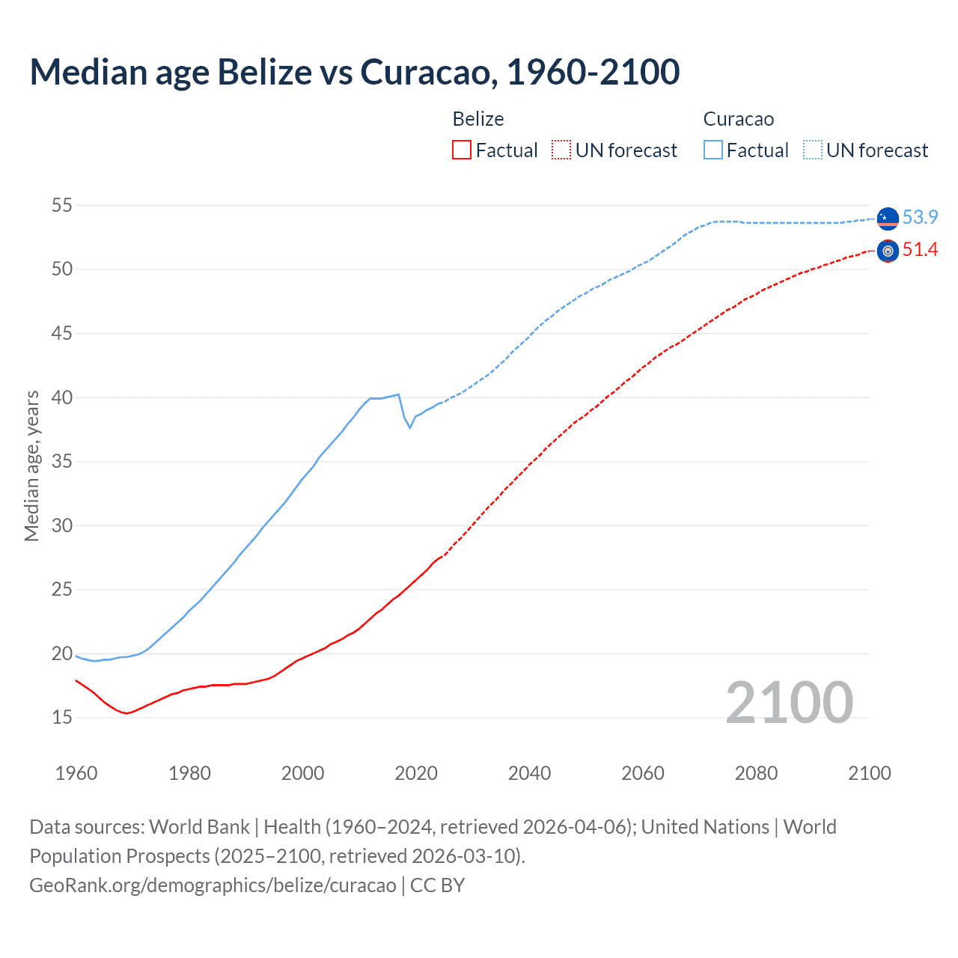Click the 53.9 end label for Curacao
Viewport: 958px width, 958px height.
919,217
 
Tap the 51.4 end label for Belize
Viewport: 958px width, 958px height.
919,250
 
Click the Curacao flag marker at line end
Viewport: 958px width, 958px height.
888,218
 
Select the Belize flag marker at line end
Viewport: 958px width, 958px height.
888,251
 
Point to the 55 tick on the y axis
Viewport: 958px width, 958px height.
62,205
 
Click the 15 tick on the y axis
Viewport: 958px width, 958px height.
62,718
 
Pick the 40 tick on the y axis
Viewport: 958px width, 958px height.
62,397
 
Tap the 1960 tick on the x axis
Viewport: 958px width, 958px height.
76,773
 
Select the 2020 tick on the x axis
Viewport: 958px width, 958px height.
416,773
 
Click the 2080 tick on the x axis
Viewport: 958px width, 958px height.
756,773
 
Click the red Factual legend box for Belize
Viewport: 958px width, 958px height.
462,150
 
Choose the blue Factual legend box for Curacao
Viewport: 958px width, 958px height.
713,150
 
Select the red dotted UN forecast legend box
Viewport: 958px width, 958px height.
561,150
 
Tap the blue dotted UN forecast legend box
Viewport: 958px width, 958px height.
813,150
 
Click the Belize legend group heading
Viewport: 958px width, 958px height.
478,119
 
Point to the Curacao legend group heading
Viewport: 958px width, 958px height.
738,119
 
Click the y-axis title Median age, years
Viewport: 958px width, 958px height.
31,466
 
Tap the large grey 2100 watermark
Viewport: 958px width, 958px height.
789,702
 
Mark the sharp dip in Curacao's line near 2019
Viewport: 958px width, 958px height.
409,427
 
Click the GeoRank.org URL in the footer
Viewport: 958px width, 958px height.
213,885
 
